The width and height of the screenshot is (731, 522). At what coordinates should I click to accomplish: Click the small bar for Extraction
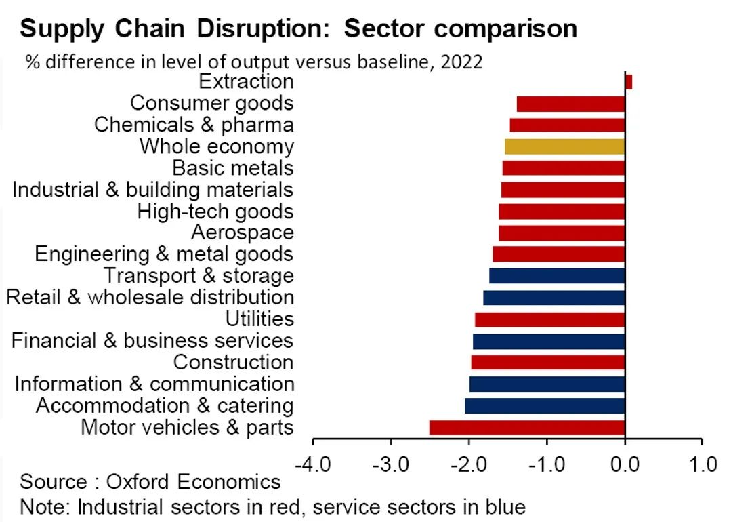628,82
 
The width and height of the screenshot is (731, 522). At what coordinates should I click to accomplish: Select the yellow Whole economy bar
564,146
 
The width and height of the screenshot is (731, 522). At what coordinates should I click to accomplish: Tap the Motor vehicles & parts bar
526,427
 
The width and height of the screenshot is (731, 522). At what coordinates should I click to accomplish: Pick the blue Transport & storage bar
556,276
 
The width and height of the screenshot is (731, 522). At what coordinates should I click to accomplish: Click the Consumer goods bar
570,104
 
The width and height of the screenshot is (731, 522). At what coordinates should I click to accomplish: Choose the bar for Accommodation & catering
545,405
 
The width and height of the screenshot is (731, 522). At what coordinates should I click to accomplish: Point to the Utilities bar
549,319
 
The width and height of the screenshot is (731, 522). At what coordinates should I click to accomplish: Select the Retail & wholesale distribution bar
554,298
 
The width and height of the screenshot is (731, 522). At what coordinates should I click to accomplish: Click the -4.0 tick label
312,466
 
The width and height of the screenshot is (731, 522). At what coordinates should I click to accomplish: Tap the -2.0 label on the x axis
468,466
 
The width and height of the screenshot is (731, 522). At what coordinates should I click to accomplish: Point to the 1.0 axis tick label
702,466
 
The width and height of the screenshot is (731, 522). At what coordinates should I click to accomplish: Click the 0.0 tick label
624,466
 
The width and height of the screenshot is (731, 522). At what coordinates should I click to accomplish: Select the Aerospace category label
242,233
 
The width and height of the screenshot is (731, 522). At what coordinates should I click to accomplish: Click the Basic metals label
232,167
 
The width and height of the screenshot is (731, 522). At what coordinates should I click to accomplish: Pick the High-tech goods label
215,211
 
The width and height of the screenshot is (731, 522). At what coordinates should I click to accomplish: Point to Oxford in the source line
141,482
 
